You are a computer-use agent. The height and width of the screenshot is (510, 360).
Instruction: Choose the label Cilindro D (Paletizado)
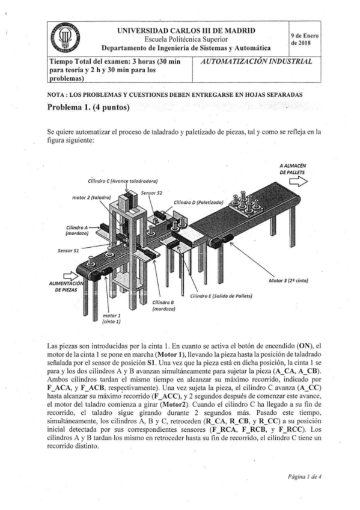[x=198, y=203]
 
